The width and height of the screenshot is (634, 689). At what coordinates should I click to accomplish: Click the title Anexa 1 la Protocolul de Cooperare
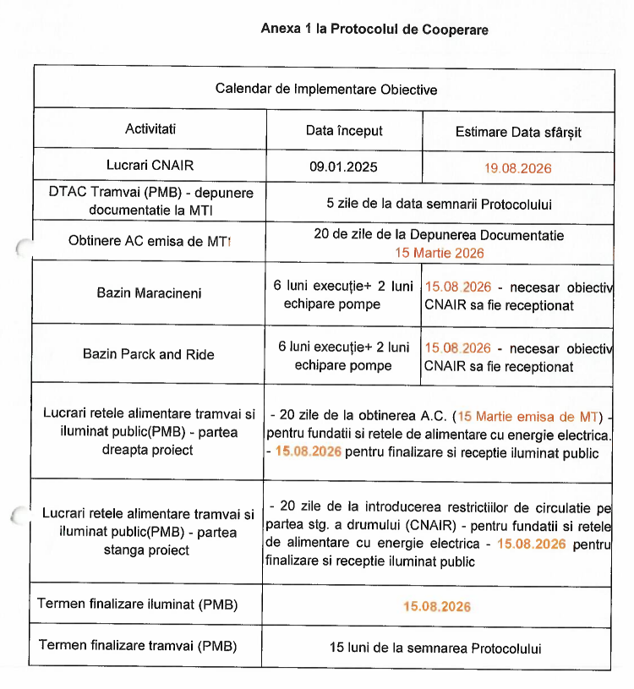click(x=374, y=30)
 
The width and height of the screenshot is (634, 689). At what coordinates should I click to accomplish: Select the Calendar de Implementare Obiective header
click(x=326, y=89)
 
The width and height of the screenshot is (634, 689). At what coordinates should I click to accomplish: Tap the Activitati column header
click(x=151, y=130)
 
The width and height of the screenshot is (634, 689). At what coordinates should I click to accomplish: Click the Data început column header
click(x=344, y=131)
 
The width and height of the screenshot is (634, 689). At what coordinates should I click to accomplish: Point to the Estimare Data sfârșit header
click(x=518, y=132)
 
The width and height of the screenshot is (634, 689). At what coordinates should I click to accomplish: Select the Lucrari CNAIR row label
click(x=150, y=164)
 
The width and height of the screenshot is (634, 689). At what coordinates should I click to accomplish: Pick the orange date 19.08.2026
click(x=518, y=168)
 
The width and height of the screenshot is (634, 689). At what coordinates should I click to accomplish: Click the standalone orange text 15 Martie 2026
click(x=440, y=252)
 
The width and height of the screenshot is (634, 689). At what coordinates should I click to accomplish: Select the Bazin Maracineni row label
click(x=148, y=293)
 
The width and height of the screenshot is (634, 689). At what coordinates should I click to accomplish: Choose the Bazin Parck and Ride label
click(x=149, y=354)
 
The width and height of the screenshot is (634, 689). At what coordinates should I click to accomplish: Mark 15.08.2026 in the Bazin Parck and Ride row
click(x=457, y=347)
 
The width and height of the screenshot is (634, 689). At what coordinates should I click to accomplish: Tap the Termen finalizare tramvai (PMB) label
click(x=138, y=646)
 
